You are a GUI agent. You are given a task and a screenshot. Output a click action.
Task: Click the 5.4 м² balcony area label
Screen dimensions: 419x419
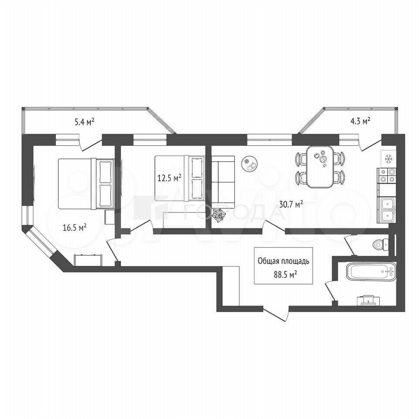[84, 122]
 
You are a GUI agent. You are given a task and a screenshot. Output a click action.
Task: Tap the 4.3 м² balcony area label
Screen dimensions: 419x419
[360, 121]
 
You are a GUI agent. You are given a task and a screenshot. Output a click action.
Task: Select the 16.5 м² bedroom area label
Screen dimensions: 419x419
[75, 228]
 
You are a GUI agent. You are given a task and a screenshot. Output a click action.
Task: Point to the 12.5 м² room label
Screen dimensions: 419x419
[169, 178]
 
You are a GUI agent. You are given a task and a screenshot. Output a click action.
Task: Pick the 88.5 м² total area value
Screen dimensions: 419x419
[286, 275]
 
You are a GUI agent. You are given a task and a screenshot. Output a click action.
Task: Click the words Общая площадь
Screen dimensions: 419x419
[284, 261]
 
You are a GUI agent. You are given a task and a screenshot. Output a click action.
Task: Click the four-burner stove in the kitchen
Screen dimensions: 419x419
[386, 175]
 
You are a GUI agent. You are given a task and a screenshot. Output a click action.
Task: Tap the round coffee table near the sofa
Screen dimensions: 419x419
[250, 165]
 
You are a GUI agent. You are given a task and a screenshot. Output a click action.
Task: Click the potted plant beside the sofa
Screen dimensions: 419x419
[219, 215]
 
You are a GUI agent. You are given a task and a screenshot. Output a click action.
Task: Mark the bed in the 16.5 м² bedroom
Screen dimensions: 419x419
[86, 184]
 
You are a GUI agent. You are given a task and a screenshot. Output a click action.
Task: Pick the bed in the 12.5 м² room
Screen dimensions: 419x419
[180, 178]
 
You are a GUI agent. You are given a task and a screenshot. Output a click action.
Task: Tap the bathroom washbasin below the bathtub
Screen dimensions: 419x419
[368, 300]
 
